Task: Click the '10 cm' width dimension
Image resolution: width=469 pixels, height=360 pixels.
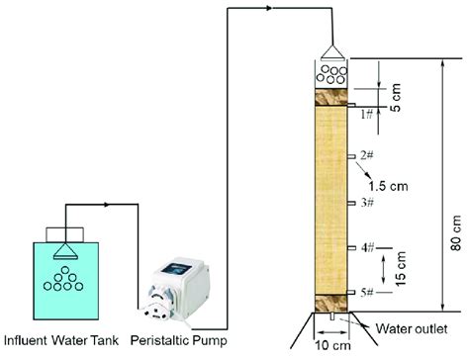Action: pos(333,347)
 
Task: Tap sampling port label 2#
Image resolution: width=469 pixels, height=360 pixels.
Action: pos(366,154)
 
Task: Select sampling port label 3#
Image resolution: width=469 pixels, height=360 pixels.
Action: pos(366,202)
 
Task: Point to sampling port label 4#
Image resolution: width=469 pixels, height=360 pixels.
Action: pos(366,247)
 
